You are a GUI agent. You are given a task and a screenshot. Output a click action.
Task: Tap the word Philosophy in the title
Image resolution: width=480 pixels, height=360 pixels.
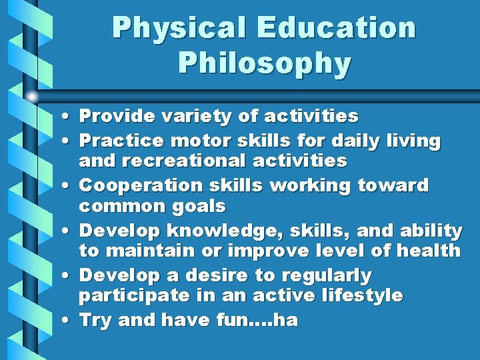pos(264,63)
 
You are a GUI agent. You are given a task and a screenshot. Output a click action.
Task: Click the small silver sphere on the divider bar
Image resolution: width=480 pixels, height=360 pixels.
pos(32,97)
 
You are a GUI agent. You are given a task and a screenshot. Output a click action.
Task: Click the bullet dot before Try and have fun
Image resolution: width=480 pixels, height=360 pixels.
pos(69,321)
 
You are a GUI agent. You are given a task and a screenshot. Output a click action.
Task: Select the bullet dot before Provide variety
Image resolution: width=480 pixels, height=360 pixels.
pos(69,117)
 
